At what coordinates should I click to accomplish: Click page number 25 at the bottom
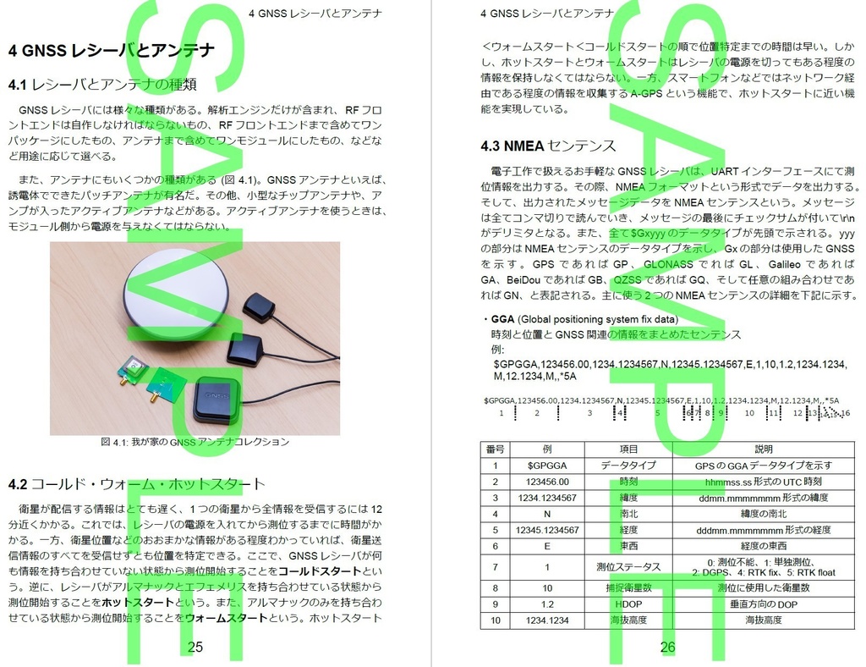195,647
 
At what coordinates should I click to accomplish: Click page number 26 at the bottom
667,648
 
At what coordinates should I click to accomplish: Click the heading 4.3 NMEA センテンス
548,146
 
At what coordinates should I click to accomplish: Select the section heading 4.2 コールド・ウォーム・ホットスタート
136,484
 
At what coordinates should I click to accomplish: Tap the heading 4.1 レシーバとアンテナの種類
102,84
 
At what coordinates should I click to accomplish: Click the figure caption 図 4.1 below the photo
195,442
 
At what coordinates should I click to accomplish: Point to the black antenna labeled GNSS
216,400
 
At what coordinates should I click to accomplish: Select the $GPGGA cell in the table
547,466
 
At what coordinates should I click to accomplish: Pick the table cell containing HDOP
628,604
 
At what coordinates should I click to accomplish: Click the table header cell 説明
763,449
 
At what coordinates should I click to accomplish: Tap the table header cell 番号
496,449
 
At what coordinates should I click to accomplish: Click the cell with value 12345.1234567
547,531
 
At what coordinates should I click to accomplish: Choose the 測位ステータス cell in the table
628,567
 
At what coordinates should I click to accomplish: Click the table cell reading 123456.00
547,482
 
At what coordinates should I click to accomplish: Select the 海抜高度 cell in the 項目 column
628,620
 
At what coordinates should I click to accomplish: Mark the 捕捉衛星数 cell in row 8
628,587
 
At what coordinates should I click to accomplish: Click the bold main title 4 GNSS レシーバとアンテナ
111,51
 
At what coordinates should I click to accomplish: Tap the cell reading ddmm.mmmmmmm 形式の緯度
763,498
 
